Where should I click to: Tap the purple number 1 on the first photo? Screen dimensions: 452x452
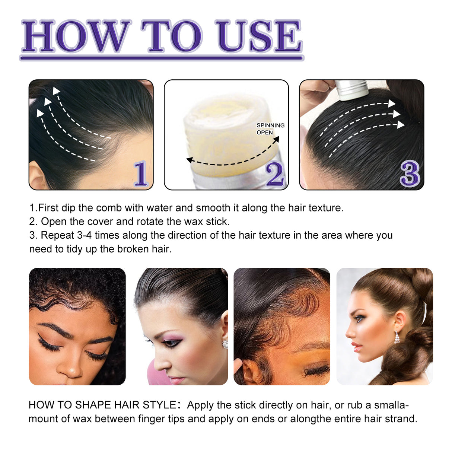tap(140, 174)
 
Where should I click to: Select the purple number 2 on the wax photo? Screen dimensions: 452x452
tap(275, 174)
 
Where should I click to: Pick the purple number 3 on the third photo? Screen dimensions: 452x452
tap(410, 174)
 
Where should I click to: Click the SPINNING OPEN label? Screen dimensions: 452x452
tap(270, 129)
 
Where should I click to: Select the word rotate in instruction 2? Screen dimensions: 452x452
tap(150, 222)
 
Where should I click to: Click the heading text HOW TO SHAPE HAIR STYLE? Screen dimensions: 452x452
tap(102, 405)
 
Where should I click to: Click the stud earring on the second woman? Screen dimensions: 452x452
tap(225, 344)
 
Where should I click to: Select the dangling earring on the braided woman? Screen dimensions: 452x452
tap(397, 338)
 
